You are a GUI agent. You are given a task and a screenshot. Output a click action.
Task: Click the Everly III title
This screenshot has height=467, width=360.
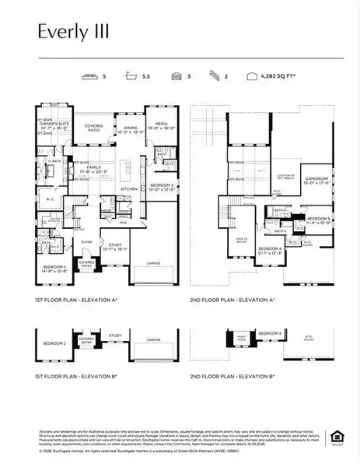coord(72,32)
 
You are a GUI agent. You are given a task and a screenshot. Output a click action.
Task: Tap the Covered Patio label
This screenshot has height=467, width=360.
coord(94,128)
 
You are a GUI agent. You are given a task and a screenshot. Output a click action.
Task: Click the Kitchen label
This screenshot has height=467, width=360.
coord(128,187)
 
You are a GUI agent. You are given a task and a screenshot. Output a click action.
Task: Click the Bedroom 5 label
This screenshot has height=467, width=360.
coord(320,219)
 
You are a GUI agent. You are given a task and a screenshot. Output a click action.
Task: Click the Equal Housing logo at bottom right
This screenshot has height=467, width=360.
coord(337,435)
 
